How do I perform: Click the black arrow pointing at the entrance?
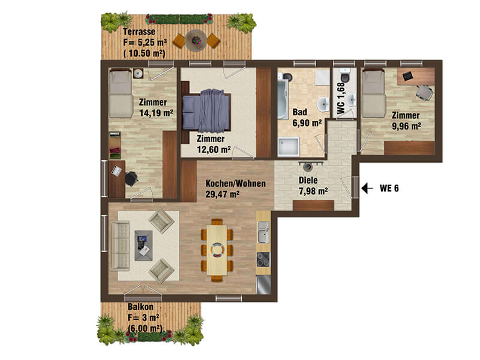tap(367, 188)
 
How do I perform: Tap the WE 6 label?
tap(389, 188)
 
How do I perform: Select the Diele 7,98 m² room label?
tap(313, 185)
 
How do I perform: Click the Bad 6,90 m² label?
tap(307, 118)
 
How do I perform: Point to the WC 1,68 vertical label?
tap(341, 98)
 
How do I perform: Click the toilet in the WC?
tap(344, 76)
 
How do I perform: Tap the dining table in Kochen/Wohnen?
tap(217, 250)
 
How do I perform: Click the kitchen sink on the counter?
tap(263, 232)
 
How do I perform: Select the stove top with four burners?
tap(263, 260)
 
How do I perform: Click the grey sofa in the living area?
tap(119, 246)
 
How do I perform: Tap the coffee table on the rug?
tap(143, 245)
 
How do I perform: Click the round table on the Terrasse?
tap(196, 40)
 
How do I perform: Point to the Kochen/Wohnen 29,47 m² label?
tap(235, 188)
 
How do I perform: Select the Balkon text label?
tap(140, 307)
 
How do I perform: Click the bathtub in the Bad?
tap(283, 96)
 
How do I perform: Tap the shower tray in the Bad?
tap(288, 147)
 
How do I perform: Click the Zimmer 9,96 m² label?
tap(406, 121)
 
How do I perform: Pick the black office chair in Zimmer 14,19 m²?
tap(131, 178)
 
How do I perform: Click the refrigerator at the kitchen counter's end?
tap(263, 284)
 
